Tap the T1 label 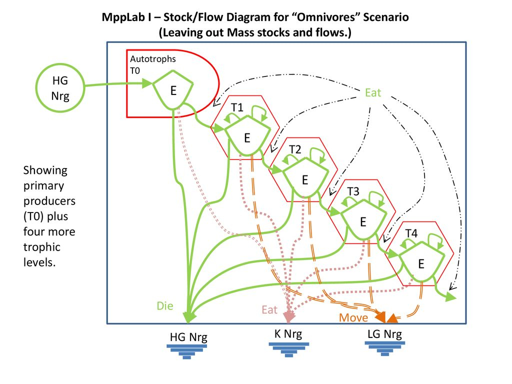237,107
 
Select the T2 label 295,149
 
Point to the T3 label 353,191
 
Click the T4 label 411,233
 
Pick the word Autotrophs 153,59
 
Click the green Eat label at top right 373,92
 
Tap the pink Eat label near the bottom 269,309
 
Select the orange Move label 353,317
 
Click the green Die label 165,305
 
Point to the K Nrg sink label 288,333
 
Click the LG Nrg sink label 384,334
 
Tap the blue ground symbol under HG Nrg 187,352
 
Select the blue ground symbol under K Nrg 288,349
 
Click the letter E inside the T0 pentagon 173,90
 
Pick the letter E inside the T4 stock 421,264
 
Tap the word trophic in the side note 42,247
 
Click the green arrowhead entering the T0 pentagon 147,83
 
